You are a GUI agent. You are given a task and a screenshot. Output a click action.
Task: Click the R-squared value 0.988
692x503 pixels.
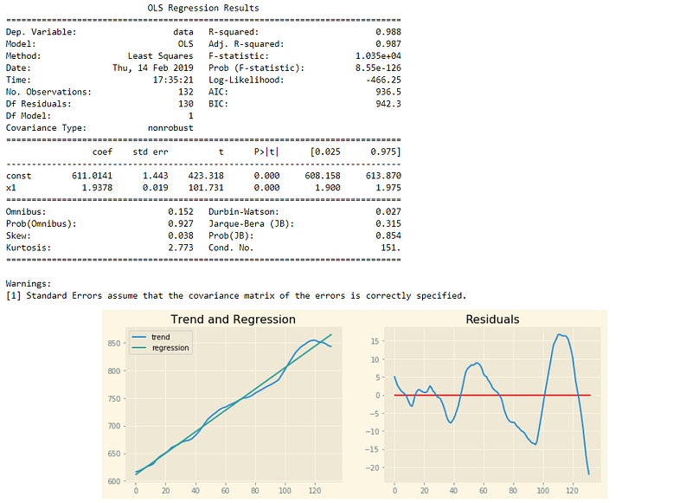coord(388,32)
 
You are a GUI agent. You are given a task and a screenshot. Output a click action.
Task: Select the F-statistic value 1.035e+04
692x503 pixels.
coord(378,55)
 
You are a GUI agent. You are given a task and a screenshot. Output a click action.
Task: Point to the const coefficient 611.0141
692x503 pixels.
coord(93,176)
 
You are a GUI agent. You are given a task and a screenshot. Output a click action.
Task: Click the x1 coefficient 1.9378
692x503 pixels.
coord(97,188)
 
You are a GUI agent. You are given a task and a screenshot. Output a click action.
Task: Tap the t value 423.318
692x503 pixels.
coord(206,176)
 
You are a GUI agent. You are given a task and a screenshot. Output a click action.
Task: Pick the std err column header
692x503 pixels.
coord(151,152)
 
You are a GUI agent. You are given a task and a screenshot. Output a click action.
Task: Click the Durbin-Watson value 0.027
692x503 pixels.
coord(388,211)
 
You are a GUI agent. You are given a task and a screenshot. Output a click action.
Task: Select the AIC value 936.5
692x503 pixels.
coord(388,92)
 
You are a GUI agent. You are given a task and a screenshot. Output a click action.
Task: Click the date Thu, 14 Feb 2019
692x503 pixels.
coord(153,68)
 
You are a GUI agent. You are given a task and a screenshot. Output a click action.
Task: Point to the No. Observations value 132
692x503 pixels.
coord(186,92)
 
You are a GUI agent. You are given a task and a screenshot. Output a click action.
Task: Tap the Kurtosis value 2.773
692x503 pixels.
coord(181,248)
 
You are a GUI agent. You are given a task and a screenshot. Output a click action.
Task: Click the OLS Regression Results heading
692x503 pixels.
coord(203,8)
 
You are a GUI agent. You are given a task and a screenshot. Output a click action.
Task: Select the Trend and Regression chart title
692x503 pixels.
coord(233,319)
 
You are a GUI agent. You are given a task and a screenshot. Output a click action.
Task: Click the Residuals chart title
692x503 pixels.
coord(492,319)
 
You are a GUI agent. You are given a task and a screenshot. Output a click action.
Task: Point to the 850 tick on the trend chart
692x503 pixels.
coord(114,344)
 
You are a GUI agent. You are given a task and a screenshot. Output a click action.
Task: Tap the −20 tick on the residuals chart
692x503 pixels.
coord(372,468)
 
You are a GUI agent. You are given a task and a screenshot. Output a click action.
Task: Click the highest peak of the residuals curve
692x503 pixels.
coord(559,334)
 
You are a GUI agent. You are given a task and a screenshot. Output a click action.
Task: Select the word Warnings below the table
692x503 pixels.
coord(29,283)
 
